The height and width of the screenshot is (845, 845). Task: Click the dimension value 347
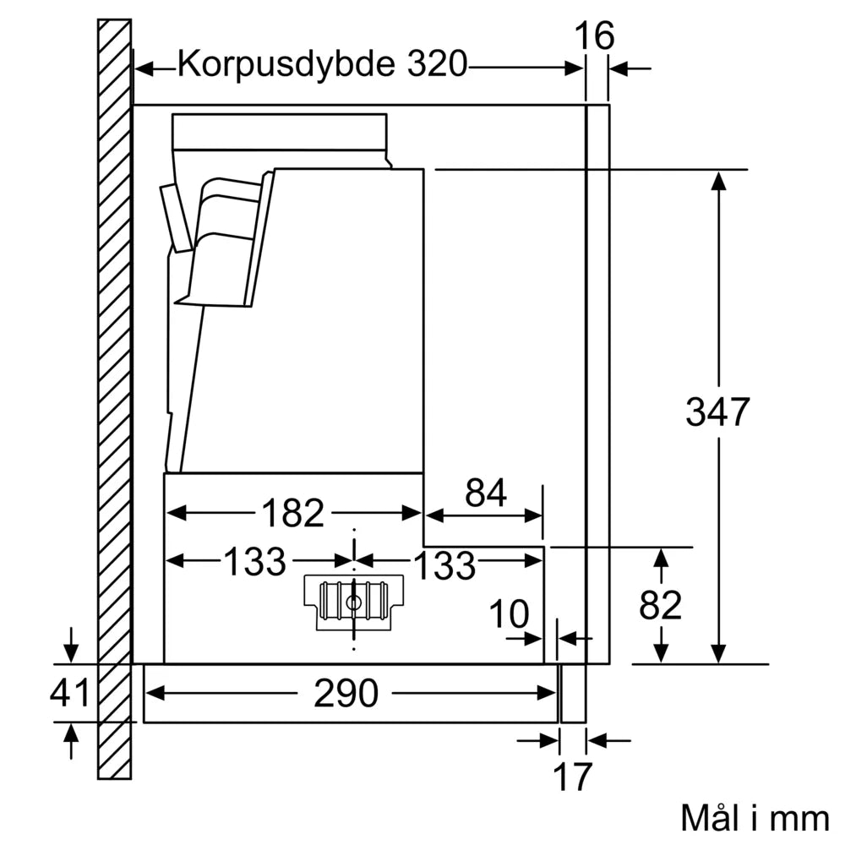(717, 412)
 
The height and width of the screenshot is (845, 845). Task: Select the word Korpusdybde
(286, 64)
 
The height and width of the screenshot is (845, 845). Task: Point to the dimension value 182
(292, 513)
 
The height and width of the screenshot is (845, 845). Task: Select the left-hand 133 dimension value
(255, 562)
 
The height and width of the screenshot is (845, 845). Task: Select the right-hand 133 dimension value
(445, 564)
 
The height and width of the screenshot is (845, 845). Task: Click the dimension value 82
(661, 605)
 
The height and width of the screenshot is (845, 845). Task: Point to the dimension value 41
(69, 694)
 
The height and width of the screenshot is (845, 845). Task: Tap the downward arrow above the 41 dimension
(72, 651)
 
